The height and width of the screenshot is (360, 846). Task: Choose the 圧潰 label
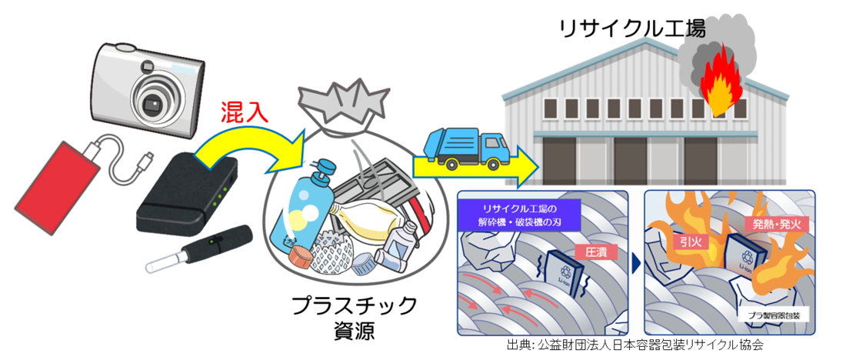pyautogui.click(x=591, y=252)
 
